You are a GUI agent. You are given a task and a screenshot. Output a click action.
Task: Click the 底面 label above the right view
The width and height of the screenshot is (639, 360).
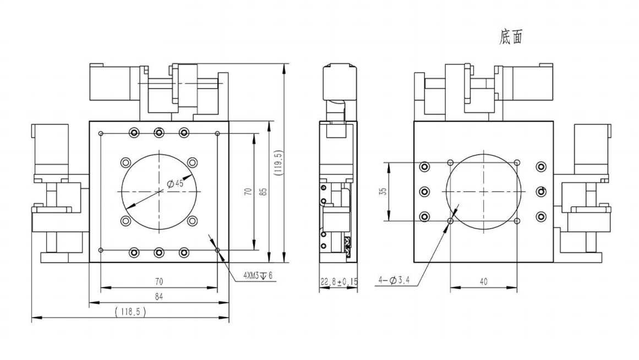(510, 37)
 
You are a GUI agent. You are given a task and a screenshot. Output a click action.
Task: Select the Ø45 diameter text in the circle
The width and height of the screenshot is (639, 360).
(174, 184)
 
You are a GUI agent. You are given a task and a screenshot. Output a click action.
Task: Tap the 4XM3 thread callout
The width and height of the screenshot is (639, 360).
(257, 275)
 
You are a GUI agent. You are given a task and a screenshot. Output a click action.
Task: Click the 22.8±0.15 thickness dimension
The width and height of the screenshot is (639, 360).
(339, 282)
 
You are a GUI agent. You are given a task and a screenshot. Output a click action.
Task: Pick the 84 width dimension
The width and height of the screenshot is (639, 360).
(159, 297)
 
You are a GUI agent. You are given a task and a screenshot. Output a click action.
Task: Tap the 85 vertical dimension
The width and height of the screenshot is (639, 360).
(264, 192)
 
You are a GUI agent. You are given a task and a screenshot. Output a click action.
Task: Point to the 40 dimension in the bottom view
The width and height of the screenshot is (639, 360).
(483, 281)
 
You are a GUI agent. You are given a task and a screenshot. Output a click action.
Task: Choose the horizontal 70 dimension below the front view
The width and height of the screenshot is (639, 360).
(159, 281)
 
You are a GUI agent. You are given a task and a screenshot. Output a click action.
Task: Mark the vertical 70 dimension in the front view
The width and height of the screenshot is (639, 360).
(248, 192)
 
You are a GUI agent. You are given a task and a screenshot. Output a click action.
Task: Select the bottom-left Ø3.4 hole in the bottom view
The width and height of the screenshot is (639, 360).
(451, 221)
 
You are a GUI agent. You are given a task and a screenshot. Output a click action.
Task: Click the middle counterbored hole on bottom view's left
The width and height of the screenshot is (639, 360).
(424, 192)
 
